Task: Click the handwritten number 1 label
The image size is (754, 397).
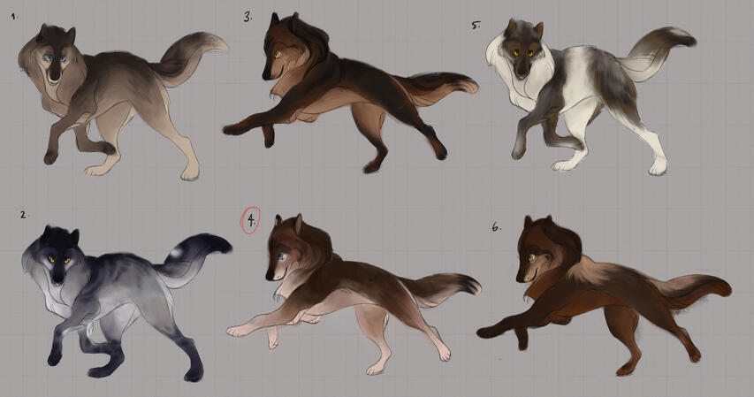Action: click(x=14, y=16)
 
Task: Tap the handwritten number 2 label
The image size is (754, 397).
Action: click(x=23, y=215)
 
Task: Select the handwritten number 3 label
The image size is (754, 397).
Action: click(x=248, y=18)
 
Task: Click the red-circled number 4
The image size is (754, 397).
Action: click(x=250, y=220)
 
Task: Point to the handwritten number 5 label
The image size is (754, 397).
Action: click(x=476, y=25)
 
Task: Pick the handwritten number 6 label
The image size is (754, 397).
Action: click(x=496, y=226)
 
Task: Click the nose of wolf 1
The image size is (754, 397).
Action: click(x=55, y=77)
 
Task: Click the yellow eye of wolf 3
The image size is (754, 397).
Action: click(x=277, y=55)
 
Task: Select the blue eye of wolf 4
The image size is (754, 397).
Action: click(x=281, y=256)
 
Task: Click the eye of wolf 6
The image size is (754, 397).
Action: click(x=531, y=258)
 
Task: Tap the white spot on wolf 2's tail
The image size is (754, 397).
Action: click(x=177, y=252)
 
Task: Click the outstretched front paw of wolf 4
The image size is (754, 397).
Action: click(x=234, y=331)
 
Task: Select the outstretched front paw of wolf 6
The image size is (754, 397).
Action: click(x=484, y=332)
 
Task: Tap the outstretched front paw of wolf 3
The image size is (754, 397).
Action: click(x=231, y=129)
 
